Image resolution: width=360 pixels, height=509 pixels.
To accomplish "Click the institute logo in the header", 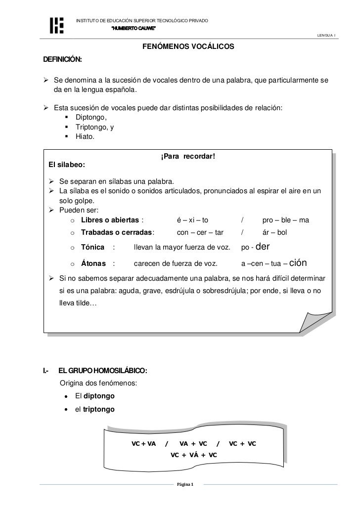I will [x=57, y=25].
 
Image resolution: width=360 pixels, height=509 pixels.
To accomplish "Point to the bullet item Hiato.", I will [x=85, y=137].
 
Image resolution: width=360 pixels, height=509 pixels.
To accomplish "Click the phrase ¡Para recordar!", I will [x=188, y=157].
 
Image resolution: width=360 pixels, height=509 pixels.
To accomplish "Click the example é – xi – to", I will [x=193, y=220].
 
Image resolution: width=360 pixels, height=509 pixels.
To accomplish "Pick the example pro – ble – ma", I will [x=285, y=220].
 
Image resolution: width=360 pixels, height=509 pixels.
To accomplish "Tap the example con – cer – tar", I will [x=200, y=232].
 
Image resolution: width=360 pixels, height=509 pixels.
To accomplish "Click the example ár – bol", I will [x=274, y=232].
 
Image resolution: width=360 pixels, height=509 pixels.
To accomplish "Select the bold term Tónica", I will [x=92, y=247].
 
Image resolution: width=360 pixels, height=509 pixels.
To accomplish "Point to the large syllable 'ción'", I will [x=301, y=262].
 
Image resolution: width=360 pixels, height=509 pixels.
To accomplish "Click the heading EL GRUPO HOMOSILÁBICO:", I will [x=102, y=370].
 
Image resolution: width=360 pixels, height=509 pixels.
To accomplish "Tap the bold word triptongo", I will [x=99, y=410].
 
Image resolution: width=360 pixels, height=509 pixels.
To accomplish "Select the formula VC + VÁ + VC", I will [x=193, y=454].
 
